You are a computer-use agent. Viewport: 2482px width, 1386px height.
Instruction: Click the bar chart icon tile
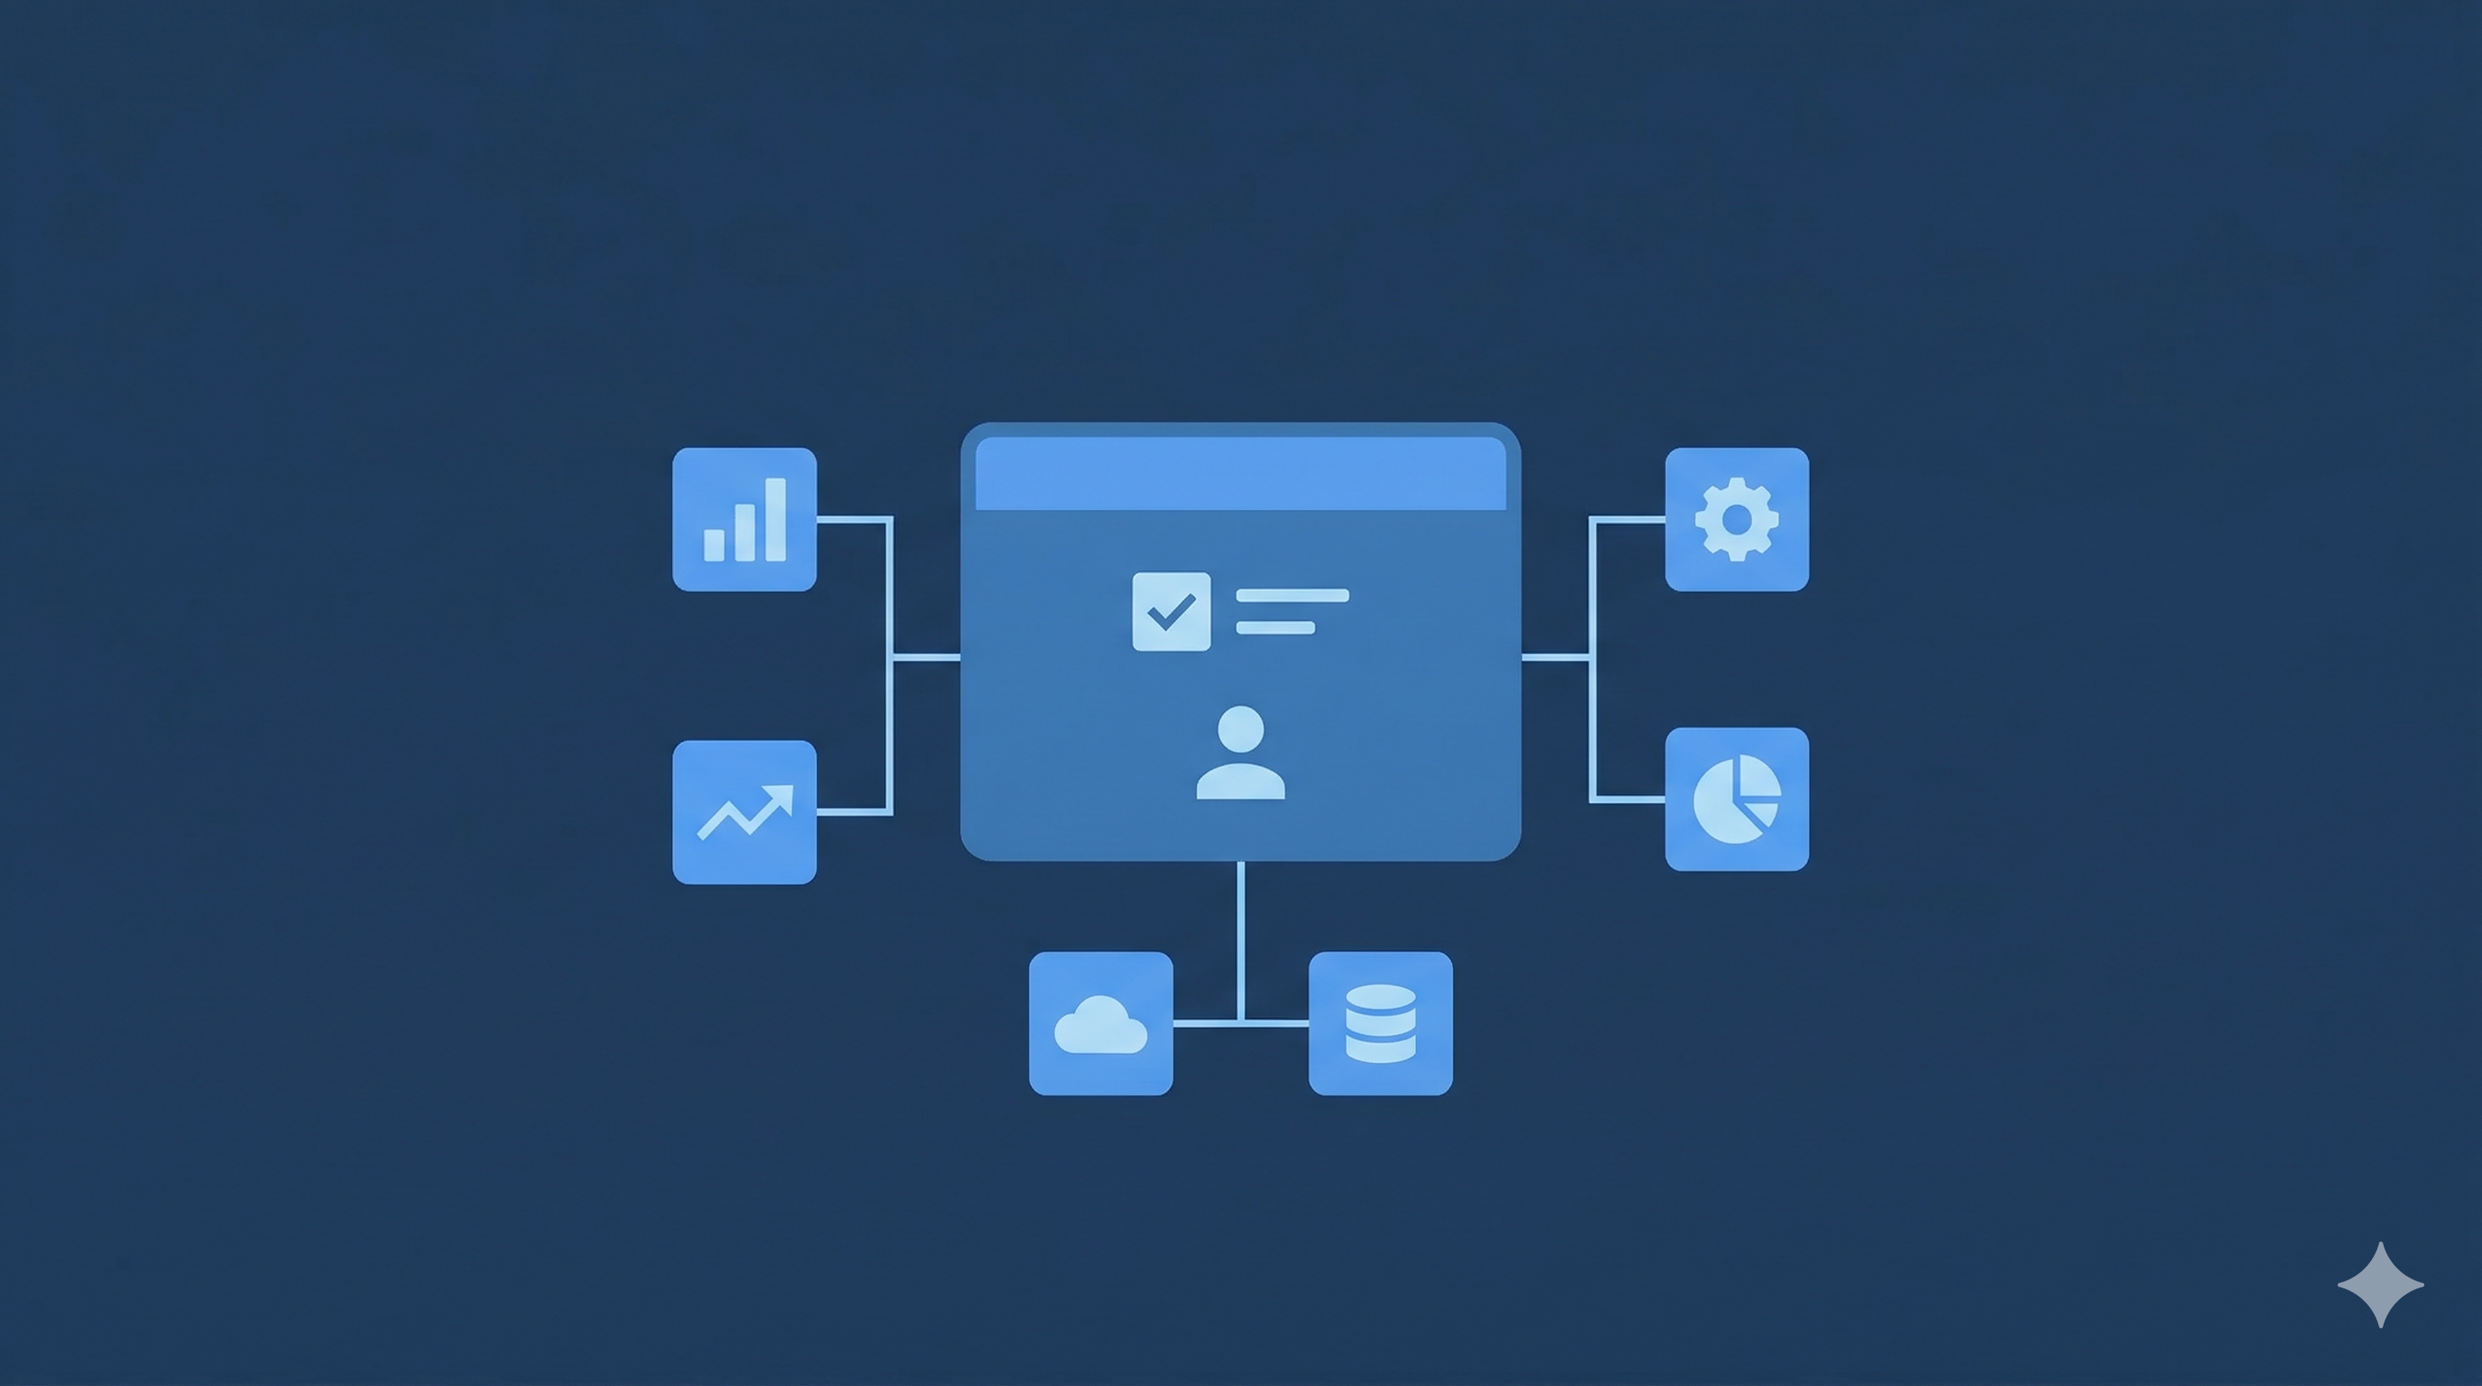pyautogui.click(x=744, y=520)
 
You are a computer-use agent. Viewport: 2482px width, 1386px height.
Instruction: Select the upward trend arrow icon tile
pyautogui.click(x=744, y=812)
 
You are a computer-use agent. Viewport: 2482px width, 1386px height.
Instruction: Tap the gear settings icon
pyautogui.click(x=1736, y=520)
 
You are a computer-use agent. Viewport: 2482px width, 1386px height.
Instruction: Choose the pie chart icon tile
pyautogui.click(x=1736, y=799)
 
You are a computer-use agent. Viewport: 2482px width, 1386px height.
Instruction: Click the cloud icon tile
pyautogui.click(x=1100, y=1023)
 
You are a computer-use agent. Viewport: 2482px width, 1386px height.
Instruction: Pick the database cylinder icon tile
pyautogui.click(x=1380, y=1023)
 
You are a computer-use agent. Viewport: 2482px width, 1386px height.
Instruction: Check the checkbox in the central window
pyautogui.click(x=1171, y=611)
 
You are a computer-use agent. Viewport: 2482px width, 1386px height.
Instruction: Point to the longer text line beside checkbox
pyautogui.click(x=1292, y=596)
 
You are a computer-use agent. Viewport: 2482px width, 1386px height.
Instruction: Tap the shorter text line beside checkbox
pyautogui.click(x=1274, y=628)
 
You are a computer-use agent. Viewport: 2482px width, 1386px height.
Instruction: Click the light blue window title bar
pyautogui.click(x=1240, y=473)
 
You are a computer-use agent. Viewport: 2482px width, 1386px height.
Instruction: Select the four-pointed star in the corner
pyautogui.click(x=2380, y=1285)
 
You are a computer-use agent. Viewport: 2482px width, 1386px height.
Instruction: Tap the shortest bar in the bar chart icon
pyautogui.click(x=714, y=545)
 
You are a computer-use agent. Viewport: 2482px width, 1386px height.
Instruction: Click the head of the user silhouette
pyautogui.click(x=1240, y=729)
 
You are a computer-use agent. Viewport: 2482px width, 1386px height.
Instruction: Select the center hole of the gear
pyautogui.click(x=1736, y=520)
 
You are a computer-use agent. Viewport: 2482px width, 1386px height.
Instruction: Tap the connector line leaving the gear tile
pyautogui.click(x=1628, y=520)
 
